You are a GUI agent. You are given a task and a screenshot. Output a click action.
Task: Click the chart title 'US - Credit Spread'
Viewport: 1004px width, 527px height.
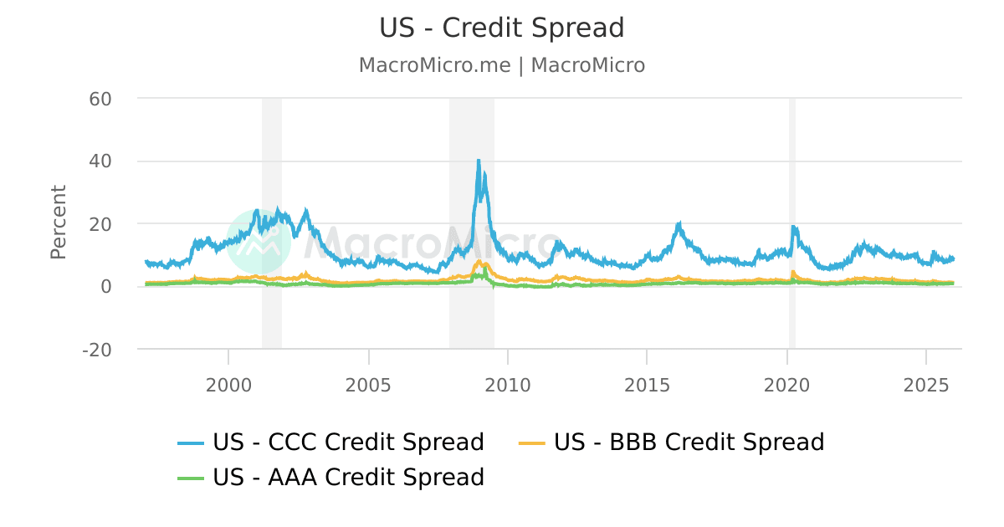click(x=501, y=28)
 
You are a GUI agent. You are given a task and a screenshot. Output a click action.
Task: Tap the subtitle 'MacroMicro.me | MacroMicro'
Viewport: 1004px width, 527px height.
click(x=501, y=65)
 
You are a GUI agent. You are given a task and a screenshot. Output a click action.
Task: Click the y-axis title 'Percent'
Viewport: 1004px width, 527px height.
click(x=58, y=222)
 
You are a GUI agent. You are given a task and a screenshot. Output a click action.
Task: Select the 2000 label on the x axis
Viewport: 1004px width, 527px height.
click(x=228, y=385)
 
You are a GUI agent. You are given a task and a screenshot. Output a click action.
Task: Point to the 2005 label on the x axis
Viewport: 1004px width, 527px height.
click(x=368, y=385)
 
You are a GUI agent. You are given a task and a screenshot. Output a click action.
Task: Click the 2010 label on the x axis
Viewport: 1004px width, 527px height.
click(x=508, y=385)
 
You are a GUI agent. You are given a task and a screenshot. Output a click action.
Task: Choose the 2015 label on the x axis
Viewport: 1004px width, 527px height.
click(x=647, y=385)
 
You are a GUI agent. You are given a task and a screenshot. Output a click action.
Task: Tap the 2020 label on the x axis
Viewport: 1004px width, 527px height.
click(x=786, y=385)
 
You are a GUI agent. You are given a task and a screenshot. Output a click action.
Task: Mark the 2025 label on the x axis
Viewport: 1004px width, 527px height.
click(x=926, y=385)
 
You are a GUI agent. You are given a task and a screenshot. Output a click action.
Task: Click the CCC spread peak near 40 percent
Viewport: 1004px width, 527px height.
click(x=479, y=161)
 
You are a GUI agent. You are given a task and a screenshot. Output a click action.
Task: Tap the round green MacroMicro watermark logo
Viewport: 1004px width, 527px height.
click(x=259, y=241)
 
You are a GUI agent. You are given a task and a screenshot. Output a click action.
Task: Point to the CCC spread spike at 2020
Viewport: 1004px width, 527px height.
click(x=793, y=228)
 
